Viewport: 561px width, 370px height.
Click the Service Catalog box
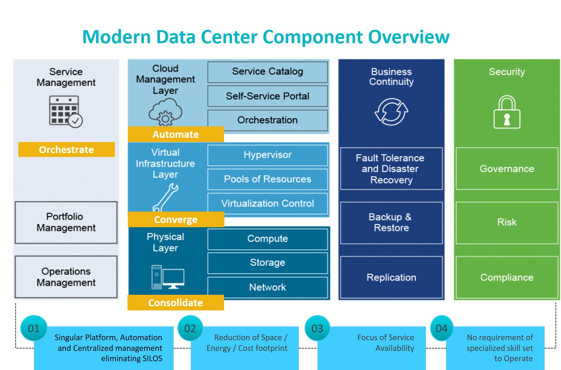point(268,72)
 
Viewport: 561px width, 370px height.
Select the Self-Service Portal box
point(268,96)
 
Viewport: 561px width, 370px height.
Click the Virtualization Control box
point(268,204)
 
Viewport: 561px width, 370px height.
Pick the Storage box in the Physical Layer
point(268,263)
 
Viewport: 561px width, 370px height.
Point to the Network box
point(268,288)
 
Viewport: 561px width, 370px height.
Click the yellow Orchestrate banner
point(66,150)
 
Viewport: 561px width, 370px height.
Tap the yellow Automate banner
point(176,134)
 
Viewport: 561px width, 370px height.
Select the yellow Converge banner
point(176,220)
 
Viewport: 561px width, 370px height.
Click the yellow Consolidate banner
point(176,303)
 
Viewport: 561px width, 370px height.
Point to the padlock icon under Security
point(507,112)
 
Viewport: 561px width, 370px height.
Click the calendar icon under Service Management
point(66,112)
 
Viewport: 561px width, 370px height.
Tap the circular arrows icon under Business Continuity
point(392,112)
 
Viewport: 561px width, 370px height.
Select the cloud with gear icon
point(165,112)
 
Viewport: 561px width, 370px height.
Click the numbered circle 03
point(317,328)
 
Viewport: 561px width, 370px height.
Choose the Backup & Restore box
point(392,223)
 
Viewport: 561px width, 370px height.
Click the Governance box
point(507,169)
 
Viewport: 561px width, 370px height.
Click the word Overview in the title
point(409,37)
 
